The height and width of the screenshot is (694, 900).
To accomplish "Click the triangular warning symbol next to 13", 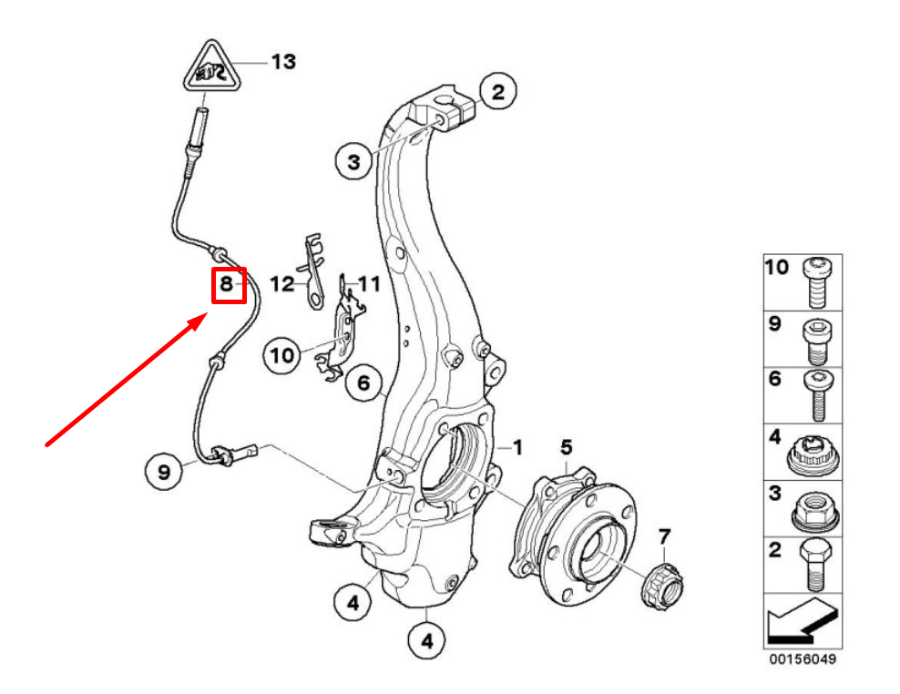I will [211, 69].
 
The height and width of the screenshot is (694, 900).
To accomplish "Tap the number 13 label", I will [283, 62].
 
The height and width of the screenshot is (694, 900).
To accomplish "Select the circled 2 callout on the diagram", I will [497, 92].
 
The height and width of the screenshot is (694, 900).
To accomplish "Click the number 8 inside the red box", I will [228, 285].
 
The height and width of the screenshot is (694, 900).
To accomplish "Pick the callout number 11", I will [368, 285].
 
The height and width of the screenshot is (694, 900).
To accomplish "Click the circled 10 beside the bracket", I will [283, 354].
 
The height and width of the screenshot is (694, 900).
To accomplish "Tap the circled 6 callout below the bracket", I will [363, 384].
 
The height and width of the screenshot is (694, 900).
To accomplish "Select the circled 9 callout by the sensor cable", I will [164, 472].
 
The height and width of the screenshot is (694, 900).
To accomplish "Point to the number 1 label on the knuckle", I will [517, 447].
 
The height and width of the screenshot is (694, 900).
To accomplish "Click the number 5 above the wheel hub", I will [566, 446].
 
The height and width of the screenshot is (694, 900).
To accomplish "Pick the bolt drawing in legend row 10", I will [815, 282].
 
